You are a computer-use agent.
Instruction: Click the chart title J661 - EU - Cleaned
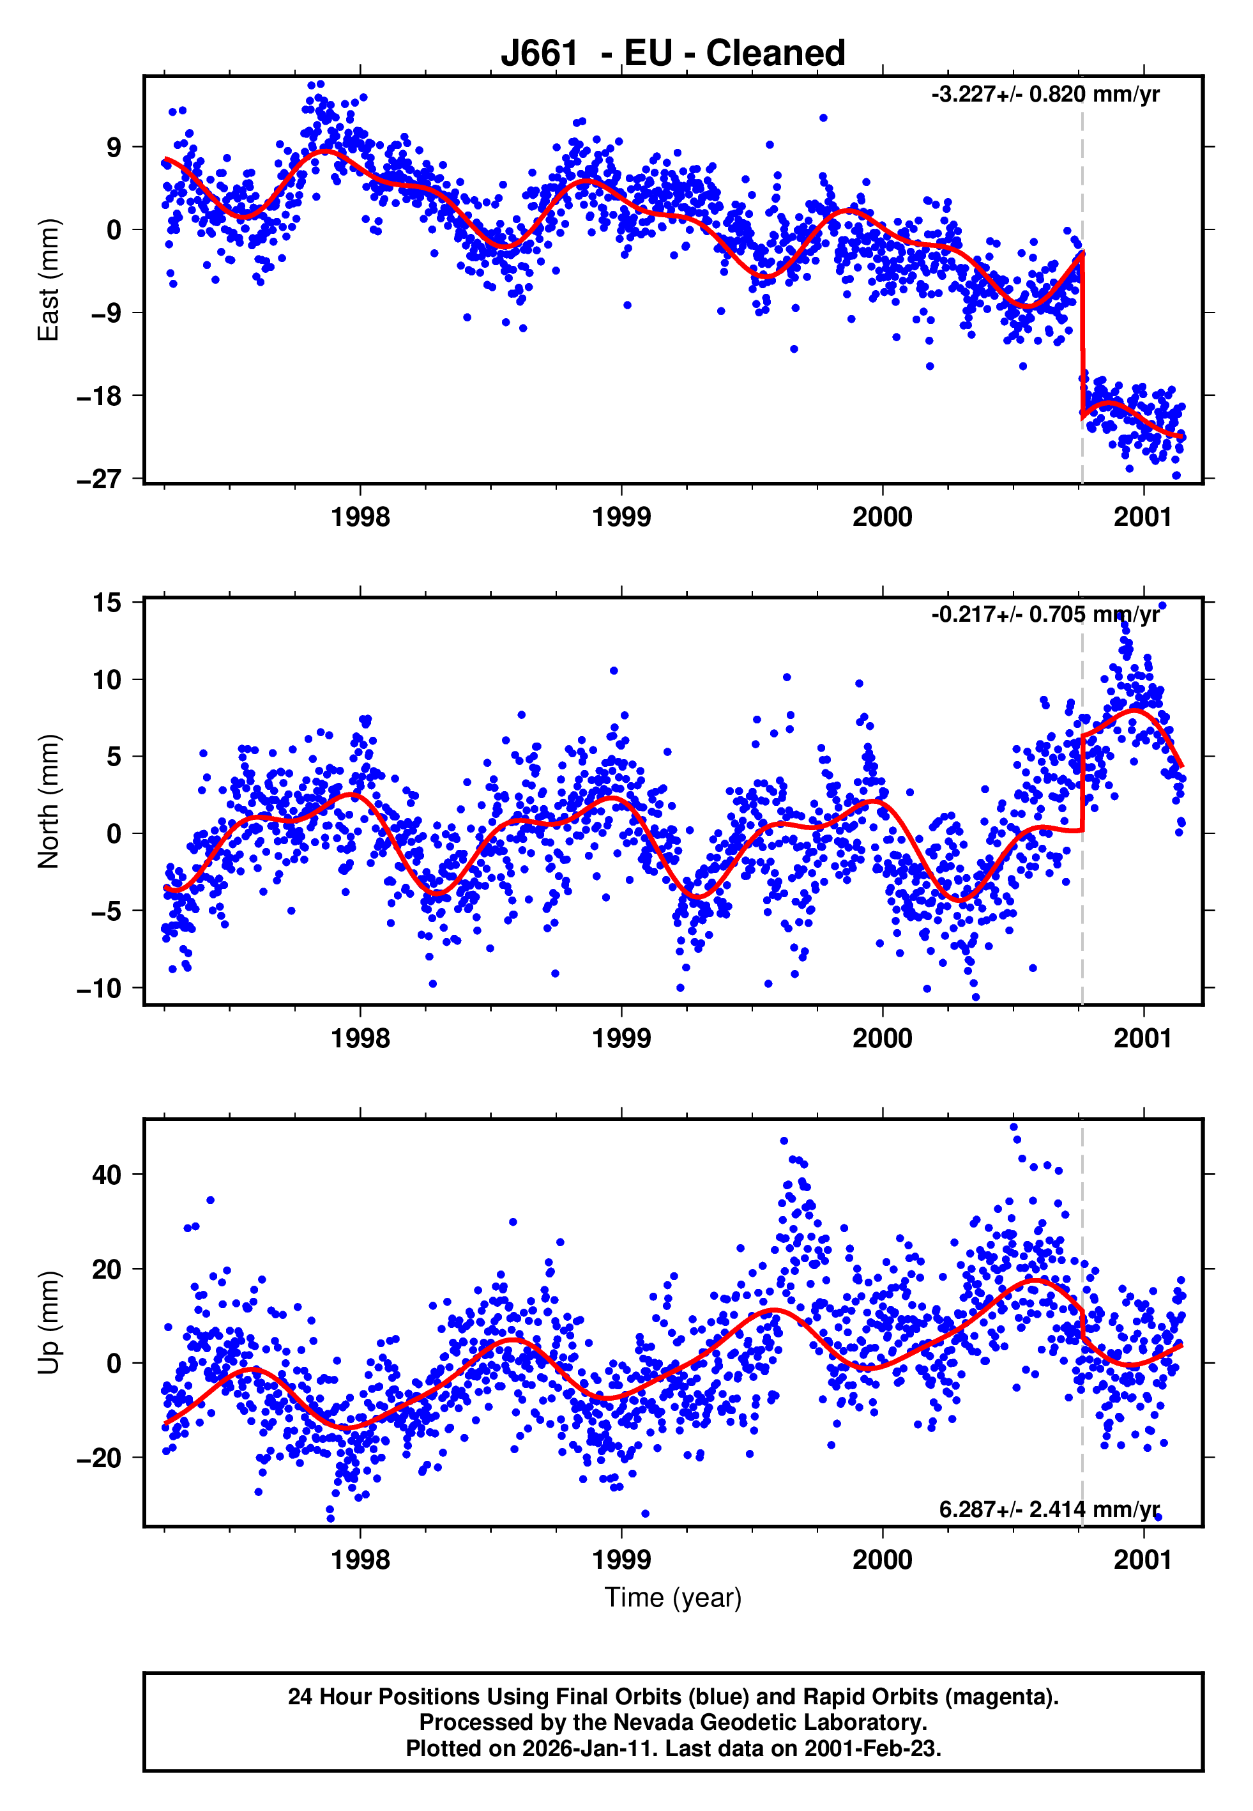673,54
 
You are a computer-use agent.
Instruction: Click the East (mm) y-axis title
49,280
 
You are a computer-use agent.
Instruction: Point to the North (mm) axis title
49,801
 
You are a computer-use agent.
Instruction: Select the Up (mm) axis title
49,1323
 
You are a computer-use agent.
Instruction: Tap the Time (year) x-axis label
673,1598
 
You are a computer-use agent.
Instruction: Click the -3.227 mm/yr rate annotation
1045,95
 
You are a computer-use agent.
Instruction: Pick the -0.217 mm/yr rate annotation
1045,615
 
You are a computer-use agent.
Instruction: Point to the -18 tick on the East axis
100,396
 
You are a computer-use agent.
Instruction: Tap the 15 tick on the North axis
107,603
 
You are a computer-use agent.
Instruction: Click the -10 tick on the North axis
100,988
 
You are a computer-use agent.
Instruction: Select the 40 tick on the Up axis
107,1175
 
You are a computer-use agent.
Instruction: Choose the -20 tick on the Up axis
100,1458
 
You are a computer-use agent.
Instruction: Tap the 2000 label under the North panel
883,1039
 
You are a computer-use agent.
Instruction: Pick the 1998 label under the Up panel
360,1561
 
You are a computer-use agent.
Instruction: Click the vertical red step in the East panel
1082,337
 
